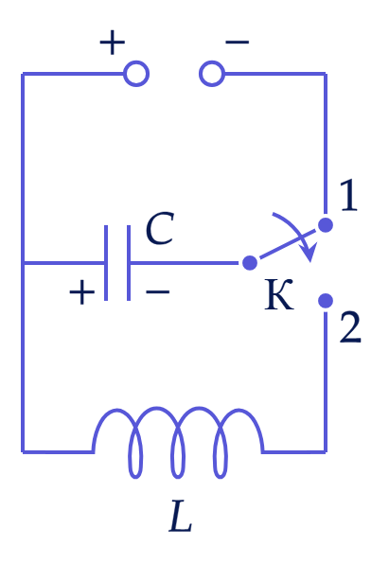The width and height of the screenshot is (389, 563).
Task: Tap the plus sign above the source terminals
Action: (x=113, y=43)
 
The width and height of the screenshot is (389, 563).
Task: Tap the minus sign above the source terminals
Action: (x=237, y=42)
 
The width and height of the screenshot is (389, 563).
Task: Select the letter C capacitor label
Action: (x=160, y=229)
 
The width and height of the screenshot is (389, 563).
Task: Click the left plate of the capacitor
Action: (x=106, y=263)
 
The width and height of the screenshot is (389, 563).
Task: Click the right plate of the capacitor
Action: (x=129, y=263)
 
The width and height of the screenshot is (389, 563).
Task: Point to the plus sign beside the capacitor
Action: (x=82, y=292)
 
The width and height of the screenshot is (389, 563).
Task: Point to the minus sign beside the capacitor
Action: (x=158, y=292)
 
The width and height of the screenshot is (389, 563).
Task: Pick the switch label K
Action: (x=279, y=294)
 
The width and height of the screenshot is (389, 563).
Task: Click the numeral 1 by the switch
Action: (x=348, y=196)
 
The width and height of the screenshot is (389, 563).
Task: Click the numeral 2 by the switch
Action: (x=350, y=328)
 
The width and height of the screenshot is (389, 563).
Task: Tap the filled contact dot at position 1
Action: (x=326, y=225)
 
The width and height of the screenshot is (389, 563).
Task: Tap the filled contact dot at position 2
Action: (x=326, y=301)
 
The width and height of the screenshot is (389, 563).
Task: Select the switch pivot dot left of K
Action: (x=250, y=263)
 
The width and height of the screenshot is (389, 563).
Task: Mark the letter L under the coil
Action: (x=181, y=516)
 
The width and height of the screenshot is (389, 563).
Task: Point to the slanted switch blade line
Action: (x=288, y=244)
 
